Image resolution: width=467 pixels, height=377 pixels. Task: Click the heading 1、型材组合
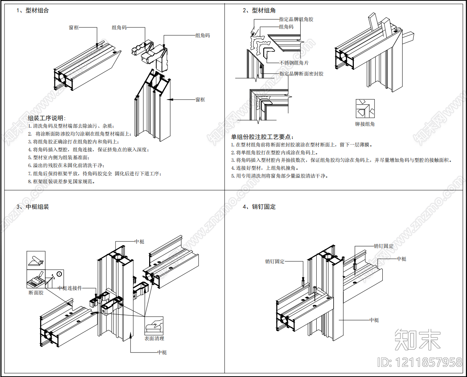pyautogui.click(x=33, y=11)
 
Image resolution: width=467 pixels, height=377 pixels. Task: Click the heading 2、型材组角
pyautogui.click(x=259, y=11)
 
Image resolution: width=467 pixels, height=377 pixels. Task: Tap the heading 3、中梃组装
pyautogui.click(x=33, y=207)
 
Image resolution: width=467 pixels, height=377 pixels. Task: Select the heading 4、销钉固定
pyautogui.click(x=259, y=207)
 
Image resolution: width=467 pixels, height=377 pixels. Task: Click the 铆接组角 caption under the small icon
pyautogui.click(x=365, y=124)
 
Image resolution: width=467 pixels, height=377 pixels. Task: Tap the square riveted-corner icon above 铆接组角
pyautogui.click(x=365, y=109)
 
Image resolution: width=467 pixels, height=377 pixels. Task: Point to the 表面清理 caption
pyautogui.click(x=154, y=338)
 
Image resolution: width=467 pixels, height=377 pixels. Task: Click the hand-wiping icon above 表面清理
pyautogui.click(x=154, y=326)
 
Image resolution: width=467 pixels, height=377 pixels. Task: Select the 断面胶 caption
pyautogui.click(x=36, y=293)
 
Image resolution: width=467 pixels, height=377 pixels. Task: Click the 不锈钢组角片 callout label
pyautogui.click(x=294, y=63)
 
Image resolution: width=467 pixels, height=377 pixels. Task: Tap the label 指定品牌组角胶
pyautogui.click(x=296, y=20)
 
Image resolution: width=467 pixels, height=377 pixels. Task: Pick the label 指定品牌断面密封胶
pyautogui.click(x=301, y=74)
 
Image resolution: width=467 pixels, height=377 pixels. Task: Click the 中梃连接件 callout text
pyautogui.click(x=70, y=288)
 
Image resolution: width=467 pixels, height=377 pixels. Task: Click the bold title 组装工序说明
pyautogui.click(x=46, y=118)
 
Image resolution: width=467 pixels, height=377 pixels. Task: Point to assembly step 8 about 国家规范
pyautogui.click(x=61, y=181)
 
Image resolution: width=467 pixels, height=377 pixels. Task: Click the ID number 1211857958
pyautogui.click(x=429, y=362)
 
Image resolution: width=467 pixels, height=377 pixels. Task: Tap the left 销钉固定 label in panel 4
pyautogui.click(x=275, y=261)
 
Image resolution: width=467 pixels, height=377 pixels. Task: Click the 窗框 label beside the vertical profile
pyautogui.click(x=200, y=100)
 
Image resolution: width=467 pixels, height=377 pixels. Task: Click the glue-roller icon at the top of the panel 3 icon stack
pyautogui.click(x=36, y=260)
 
